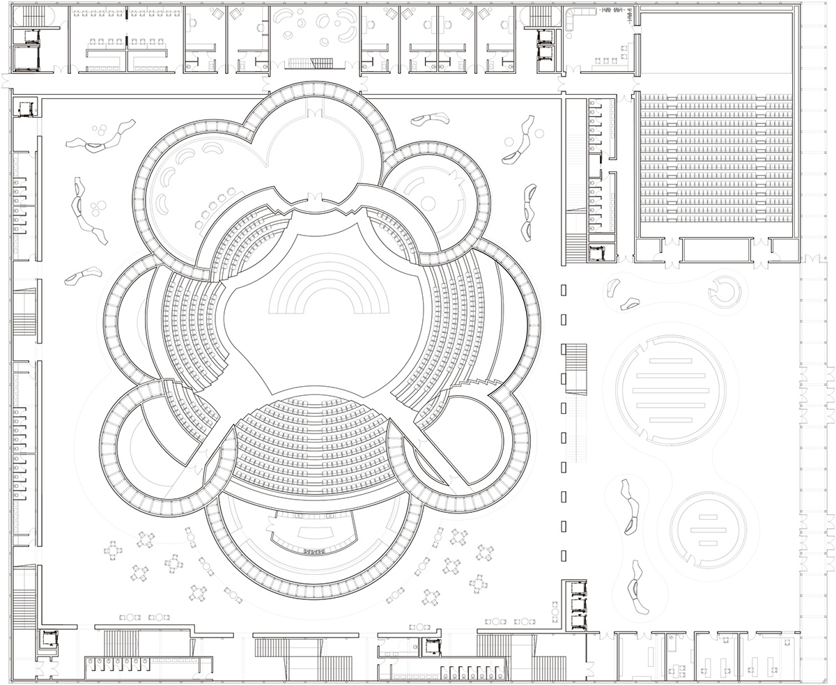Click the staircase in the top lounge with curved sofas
point(311,63)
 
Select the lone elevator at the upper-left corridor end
point(27,108)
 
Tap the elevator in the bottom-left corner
point(49,639)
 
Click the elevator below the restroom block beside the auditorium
point(598,254)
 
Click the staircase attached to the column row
point(576,368)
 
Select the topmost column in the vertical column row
point(564,289)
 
